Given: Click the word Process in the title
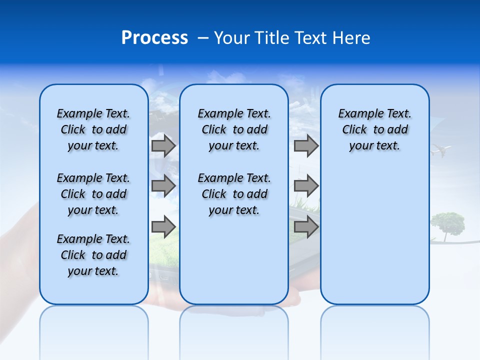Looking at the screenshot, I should tap(154, 38).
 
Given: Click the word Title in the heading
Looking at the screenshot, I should tap(273, 38).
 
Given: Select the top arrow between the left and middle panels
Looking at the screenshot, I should tap(163, 145).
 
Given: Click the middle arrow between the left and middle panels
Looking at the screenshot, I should tap(163, 186).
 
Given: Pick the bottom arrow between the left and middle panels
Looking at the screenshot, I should tap(163, 227).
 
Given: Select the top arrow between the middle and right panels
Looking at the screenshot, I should tap(306, 145).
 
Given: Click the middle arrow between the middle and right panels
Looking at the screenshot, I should tap(306, 186).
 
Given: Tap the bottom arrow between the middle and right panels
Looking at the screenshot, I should tap(306, 227).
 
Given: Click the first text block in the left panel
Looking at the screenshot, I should tap(93, 129).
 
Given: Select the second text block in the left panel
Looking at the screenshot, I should tap(93, 194).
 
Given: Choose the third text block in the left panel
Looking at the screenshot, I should tap(93, 255).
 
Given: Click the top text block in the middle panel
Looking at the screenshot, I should tap(234, 129).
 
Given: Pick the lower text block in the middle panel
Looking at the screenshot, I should tap(234, 194).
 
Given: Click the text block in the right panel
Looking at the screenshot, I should tap(374, 129).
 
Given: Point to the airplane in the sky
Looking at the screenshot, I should tap(441, 149).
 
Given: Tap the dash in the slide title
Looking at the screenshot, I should tap(203, 38).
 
